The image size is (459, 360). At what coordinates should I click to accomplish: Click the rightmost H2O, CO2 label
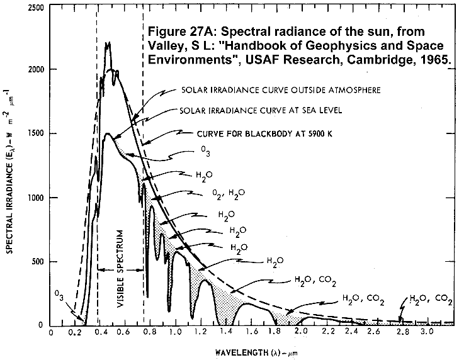(431, 300)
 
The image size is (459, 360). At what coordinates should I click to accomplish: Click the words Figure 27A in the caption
(176, 30)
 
